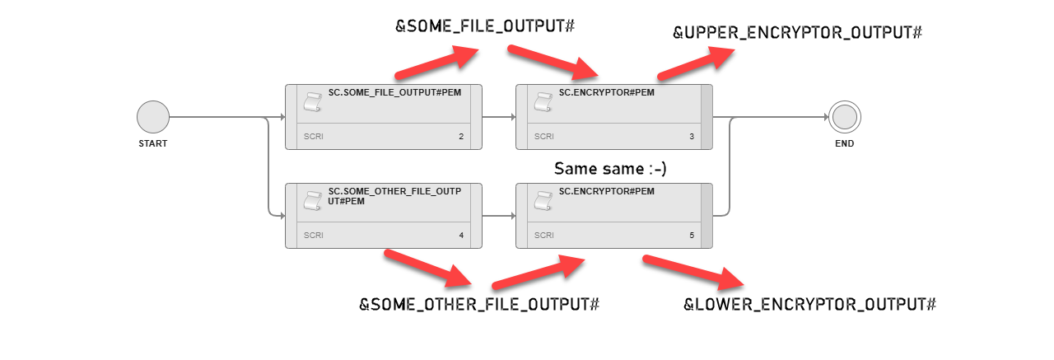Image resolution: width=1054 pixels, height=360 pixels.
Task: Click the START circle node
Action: click(153, 117)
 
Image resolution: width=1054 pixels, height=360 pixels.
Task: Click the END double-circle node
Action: click(844, 117)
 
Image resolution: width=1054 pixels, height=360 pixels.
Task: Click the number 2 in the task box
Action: click(461, 137)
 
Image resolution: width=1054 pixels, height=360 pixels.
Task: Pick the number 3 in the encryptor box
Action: click(692, 137)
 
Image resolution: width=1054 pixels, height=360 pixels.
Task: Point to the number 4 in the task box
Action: click(461, 236)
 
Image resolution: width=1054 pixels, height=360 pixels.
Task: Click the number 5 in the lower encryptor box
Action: click(692, 236)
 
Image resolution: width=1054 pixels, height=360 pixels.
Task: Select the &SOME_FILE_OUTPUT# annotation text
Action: click(485, 26)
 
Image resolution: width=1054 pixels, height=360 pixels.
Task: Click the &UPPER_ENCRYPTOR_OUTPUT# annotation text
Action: click(796, 34)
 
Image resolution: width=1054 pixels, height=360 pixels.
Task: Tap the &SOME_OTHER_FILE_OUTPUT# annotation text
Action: click(479, 304)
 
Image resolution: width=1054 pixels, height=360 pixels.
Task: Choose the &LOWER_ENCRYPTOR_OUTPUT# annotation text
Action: click(810, 304)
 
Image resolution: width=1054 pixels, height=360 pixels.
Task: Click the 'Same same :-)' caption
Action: click(609, 169)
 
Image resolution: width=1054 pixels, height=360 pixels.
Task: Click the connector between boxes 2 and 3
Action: click(498, 117)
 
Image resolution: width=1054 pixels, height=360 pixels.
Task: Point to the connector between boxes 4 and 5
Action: click(498, 216)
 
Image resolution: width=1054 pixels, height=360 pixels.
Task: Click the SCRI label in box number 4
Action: click(314, 236)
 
